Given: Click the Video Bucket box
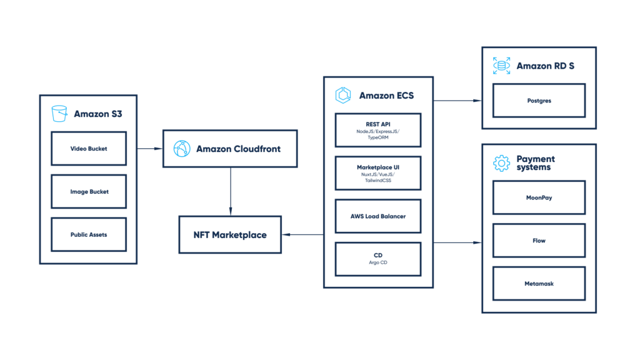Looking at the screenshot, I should click(89, 149).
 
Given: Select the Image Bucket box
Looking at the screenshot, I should click(89, 192).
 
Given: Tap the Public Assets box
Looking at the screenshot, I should click(89, 234).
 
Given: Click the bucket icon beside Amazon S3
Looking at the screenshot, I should click(59, 114).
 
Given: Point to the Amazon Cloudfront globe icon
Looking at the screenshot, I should click(181, 149).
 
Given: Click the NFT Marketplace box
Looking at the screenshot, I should click(230, 235).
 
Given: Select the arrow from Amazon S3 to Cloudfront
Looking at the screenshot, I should click(149, 149).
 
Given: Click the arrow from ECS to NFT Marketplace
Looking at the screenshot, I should click(302, 235).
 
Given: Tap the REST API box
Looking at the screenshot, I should click(377, 130).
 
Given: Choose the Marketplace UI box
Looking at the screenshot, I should click(377, 173).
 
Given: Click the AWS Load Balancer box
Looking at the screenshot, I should click(377, 216).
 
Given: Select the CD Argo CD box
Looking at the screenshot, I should click(377, 259).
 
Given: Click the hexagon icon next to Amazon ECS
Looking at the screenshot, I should click(343, 96).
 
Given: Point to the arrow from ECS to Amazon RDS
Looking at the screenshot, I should click(457, 100).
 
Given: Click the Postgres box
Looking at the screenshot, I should click(539, 101).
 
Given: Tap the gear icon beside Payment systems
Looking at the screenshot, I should click(501, 163).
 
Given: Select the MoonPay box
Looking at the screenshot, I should click(539, 197).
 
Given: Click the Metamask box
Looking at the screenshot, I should click(539, 283).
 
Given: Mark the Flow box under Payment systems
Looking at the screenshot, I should click(539, 241).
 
